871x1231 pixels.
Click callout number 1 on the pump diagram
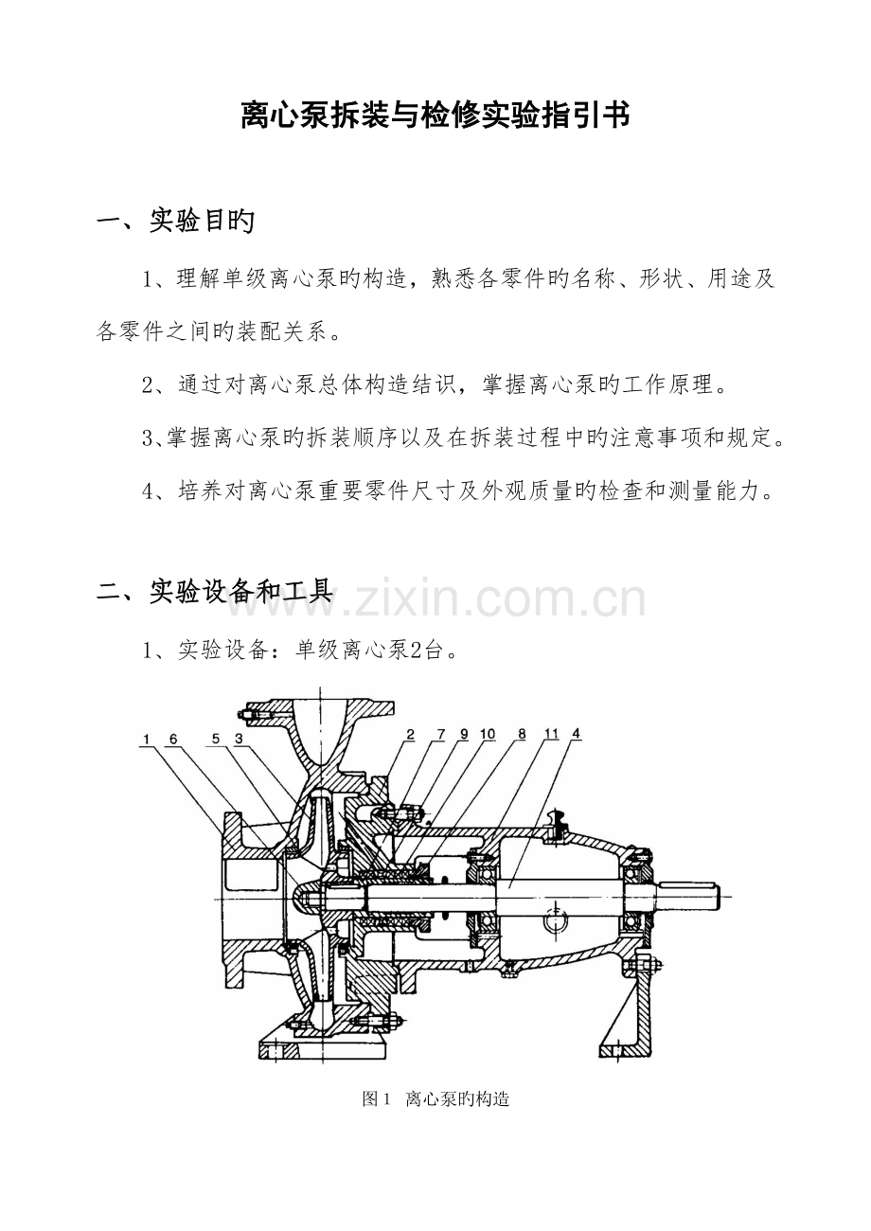click(146, 740)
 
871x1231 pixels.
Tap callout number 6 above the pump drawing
click(173, 740)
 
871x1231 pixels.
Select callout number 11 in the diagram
click(551, 735)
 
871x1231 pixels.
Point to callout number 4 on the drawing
click(576, 734)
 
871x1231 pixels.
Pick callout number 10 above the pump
click(488, 735)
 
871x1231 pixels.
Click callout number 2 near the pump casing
click(410, 735)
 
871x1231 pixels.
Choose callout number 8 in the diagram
click(522, 735)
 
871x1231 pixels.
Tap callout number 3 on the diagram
click(239, 740)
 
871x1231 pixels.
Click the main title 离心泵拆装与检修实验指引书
click(435, 115)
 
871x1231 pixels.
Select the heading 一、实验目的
click(175, 221)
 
